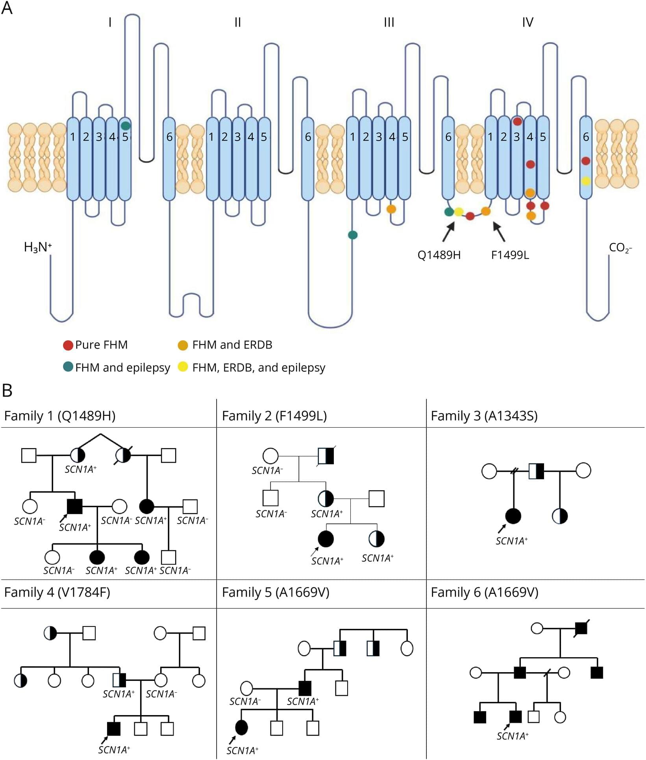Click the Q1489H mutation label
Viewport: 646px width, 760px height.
click(x=439, y=255)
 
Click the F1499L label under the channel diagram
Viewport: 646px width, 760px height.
click(x=510, y=255)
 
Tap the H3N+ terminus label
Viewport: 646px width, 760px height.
click(x=38, y=247)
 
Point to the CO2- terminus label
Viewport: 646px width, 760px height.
click(x=620, y=248)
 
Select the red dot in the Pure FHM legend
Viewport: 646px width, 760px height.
click(x=68, y=345)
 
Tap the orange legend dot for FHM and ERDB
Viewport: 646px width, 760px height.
click(x=183, y=345)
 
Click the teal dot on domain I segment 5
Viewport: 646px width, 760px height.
click(x=126, y=126)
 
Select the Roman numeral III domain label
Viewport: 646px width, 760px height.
click(x=389, y=22)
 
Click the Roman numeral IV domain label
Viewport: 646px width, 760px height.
click(x=528, y=22)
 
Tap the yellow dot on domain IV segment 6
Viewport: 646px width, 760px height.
click(x=586, y=181)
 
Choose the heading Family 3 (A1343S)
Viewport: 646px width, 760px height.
click(x=484, y=416)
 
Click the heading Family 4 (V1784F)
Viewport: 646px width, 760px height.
click(x=57, y=592)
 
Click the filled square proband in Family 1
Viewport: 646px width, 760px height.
click(x=75, y=506)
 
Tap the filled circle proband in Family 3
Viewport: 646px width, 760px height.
click(x=513, y=516)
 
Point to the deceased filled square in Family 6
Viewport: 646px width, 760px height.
click(x=581, y=628)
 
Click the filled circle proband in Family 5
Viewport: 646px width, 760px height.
click(x=241, y=727)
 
